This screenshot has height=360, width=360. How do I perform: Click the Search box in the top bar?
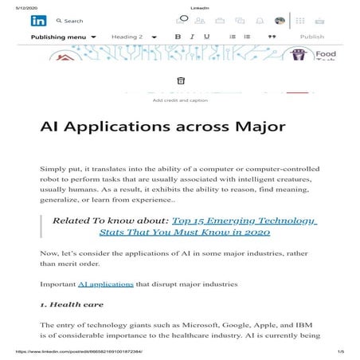(74, 22)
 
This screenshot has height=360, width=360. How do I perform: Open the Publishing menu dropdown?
(63, 37)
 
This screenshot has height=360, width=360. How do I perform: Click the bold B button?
(178, 37)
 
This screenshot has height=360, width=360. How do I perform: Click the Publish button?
(312, 37)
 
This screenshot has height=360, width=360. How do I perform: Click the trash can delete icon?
(181, 80)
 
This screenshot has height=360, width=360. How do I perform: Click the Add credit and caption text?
(180, 100)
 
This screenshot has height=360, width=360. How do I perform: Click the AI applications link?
(100, 284)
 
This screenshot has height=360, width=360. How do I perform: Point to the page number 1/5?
(340, 351)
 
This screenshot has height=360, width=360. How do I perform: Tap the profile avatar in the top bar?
(280, 21)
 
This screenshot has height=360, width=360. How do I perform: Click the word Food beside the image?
(325, 54)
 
